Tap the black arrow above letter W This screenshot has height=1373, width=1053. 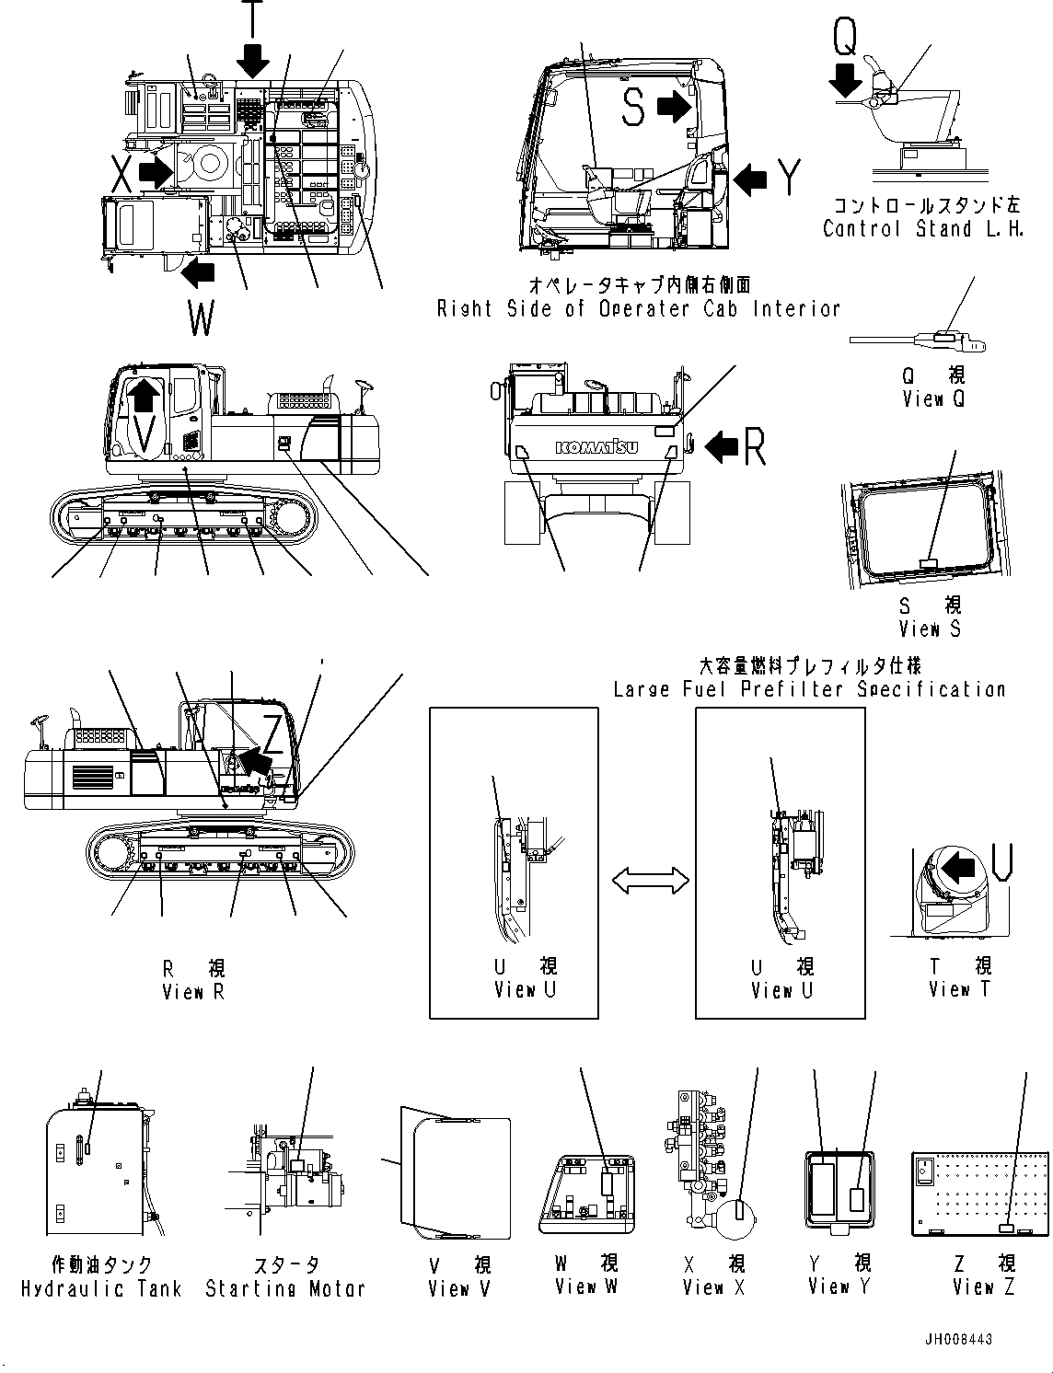197,271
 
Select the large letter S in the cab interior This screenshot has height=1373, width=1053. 633,106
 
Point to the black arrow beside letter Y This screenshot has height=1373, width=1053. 751,179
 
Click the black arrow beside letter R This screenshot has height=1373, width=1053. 722,447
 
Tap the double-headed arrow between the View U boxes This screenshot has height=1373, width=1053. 651,881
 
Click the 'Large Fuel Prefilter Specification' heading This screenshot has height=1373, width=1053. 809,688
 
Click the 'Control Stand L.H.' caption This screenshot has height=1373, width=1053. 923,229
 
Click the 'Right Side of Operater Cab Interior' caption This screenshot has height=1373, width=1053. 639,309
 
